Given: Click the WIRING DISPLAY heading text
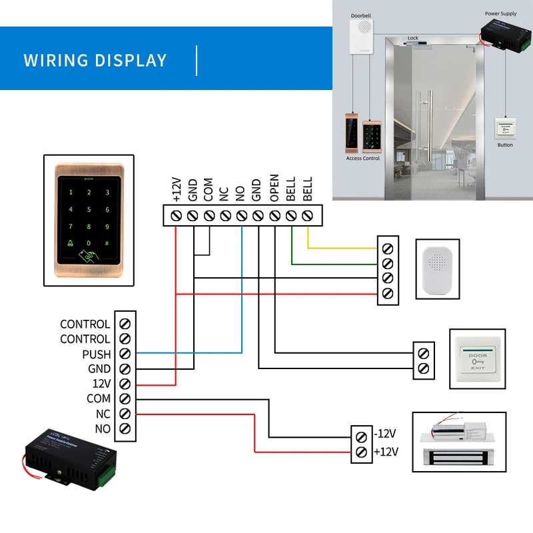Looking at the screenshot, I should click(95, 60).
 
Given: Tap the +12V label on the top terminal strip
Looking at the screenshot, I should click(177, 189).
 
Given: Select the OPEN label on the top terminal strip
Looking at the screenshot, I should click(274, 189).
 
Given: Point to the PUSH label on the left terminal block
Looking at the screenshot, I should click(96, 354).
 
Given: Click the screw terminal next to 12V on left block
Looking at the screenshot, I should click(125, 384).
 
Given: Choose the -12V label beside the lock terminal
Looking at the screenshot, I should click(385, 434).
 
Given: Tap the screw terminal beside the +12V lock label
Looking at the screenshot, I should click(361, 452).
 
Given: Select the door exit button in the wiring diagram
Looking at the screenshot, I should click(478, 358).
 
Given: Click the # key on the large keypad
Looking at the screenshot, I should click(107, 244).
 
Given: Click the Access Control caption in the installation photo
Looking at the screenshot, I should click(363, 159).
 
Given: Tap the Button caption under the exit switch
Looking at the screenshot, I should click(505, 145).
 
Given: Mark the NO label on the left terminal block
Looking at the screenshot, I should click(102, 428).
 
